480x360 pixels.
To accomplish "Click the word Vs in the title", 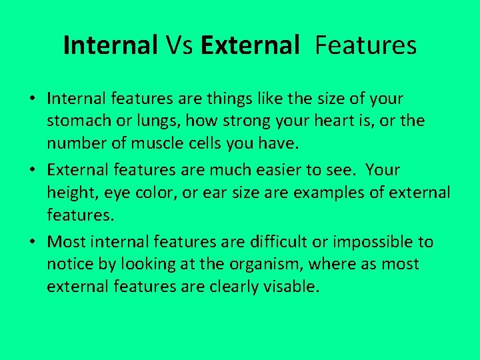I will (x=179, y=45).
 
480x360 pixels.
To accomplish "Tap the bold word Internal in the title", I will (x=110, y=45).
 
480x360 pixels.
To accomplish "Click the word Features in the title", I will (x=365, y=45).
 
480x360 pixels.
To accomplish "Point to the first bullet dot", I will (x=32, y=99).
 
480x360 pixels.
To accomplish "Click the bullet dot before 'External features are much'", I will (x=32, y=171).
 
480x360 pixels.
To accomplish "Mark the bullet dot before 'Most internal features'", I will (x=32, y=242).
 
